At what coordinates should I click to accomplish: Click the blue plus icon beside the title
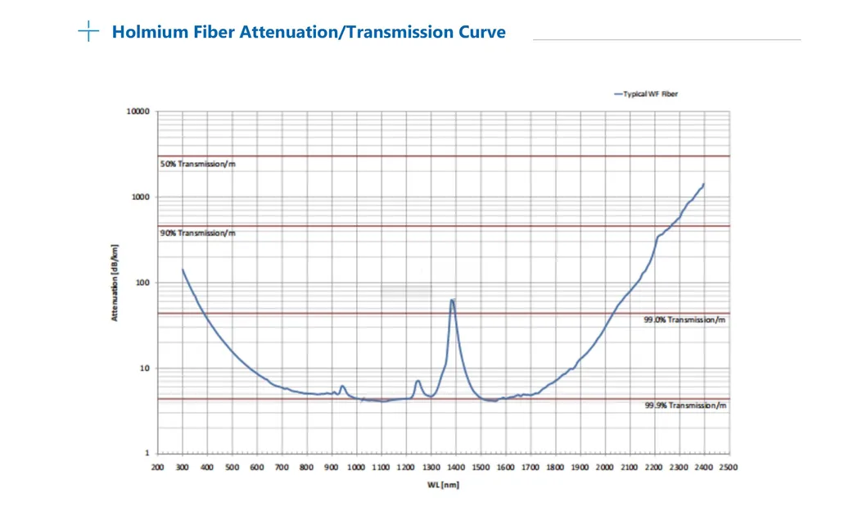pyautogui.click(x=88, y=32)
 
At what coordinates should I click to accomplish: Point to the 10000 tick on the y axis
pyautogui.click(x=138, y=111)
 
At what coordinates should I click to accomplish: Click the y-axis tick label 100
pyautogui.click(x=142, y=283)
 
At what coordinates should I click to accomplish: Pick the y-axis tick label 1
pyautogui.click(x=147, y=454)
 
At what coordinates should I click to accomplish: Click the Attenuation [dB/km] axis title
pyautogui.click(x=115, y=283)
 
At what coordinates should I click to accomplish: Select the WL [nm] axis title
pyautogui.click(x=442, y=485)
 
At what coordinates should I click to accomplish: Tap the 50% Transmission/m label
pyautogui.click(x=197, y=165)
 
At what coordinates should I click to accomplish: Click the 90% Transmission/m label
pyautogui.click(x=197, y=233)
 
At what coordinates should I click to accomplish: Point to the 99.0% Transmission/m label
pyautogui.click(x=684, y=320)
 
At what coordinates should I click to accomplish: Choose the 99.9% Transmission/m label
pyautogui.click(x=684, y=405)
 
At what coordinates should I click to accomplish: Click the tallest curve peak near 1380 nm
pyautogui.click(x=452, y=300)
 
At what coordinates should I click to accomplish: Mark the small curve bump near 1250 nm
pyautogui.click(x=418, y=381)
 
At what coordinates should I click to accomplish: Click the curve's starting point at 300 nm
pyautogui.click(x=183, y=269)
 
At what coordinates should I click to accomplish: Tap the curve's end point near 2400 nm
pyautogui.click(x=703, y=184)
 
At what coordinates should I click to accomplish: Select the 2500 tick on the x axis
pyautogui.click(x=728, y=467)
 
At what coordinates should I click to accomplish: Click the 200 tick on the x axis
pyautogui.click(x=157, y=467)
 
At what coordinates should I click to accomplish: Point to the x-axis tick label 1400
pyautogui.click(x=455, y=467)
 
